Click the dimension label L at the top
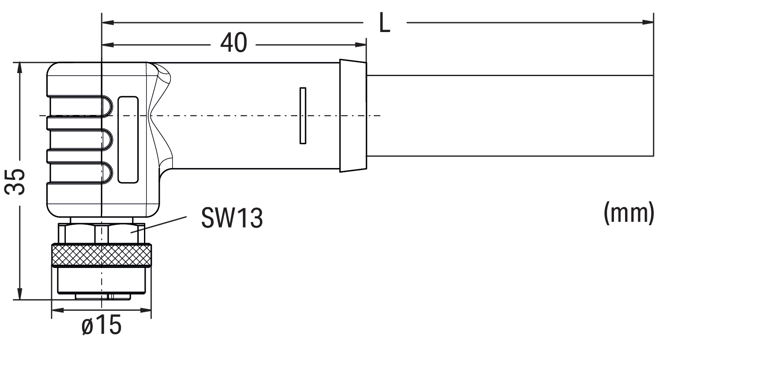click(x=385, y=24)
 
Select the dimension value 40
click(x=234, y=43)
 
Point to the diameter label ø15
click(x=101, y=326)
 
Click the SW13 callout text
click(x=232, y=218)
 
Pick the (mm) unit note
click(x=629, y=212)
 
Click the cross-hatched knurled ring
click(x=101, y=255)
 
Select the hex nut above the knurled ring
click(x=101, y=233)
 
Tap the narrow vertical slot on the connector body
click(x=303, y=115)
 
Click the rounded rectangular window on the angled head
click(x=128, y=140)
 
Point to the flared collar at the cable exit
click(x=353, y=115)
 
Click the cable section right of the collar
click(x=508, y=115)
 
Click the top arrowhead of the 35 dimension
click(x=19, y=68)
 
